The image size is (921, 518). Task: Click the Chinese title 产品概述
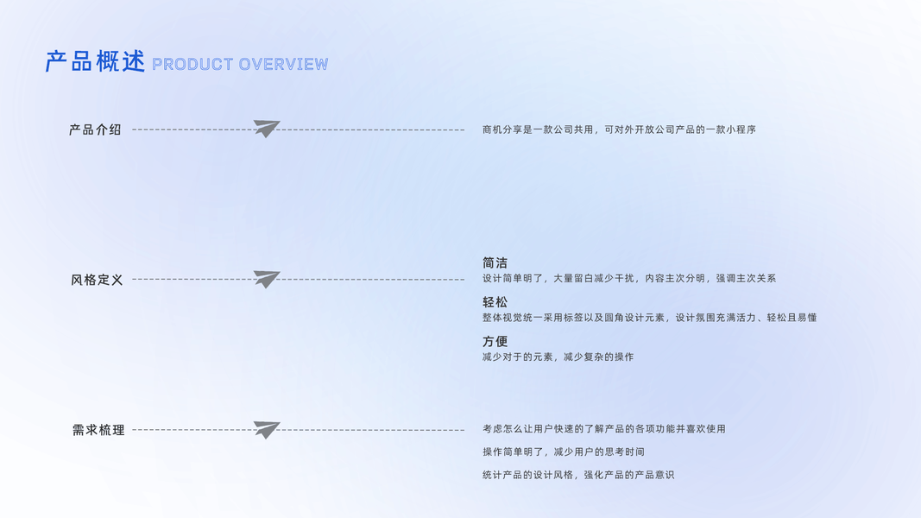pyautogui.click(x=95, y=62)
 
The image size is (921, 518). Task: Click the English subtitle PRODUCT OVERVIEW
pyautogui.click(x=240, y=64)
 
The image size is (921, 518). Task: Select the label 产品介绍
pyautogui.click(x=95, y=129)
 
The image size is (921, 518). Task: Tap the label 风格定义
pyautogui.click(x=97, y=280)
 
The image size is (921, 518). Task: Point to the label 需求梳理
pyautogui.click(x=98, y=430)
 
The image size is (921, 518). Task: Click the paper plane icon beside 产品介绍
pyautogui.click(x=267, y=129)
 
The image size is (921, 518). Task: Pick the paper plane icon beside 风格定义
pyautogui.click(x=267, y=279)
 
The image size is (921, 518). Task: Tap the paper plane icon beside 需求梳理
pyautogui.click(x=267, y=429)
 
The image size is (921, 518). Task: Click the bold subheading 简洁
pyautogui.click(x=495, y=262)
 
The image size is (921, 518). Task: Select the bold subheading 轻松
pyautogui.click(x=495, y=302)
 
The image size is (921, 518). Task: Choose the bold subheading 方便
pyautogui.click(x=495, y=341)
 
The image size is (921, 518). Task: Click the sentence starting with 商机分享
pyautogui.click(x=619, y=129)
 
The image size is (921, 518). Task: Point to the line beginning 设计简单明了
pyautogui.click(x=629, y=278)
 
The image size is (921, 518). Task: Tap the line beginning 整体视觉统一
pyautogui.click(x=649, y=318)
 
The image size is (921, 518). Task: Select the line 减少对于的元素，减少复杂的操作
pyautogui.click(x=558, y=357)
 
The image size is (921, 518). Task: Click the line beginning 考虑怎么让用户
pyautogui.click(x=603, y=429)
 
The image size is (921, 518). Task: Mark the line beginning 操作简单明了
pyautogui.click(x=563, y=452)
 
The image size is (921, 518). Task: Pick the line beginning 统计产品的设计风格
pyautogui.click(x=577, y=475)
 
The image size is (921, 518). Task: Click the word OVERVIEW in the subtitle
pyautogui.click(x=283, y=64)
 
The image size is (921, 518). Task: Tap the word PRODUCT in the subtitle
pyautogui.click(x=192, y=64)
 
